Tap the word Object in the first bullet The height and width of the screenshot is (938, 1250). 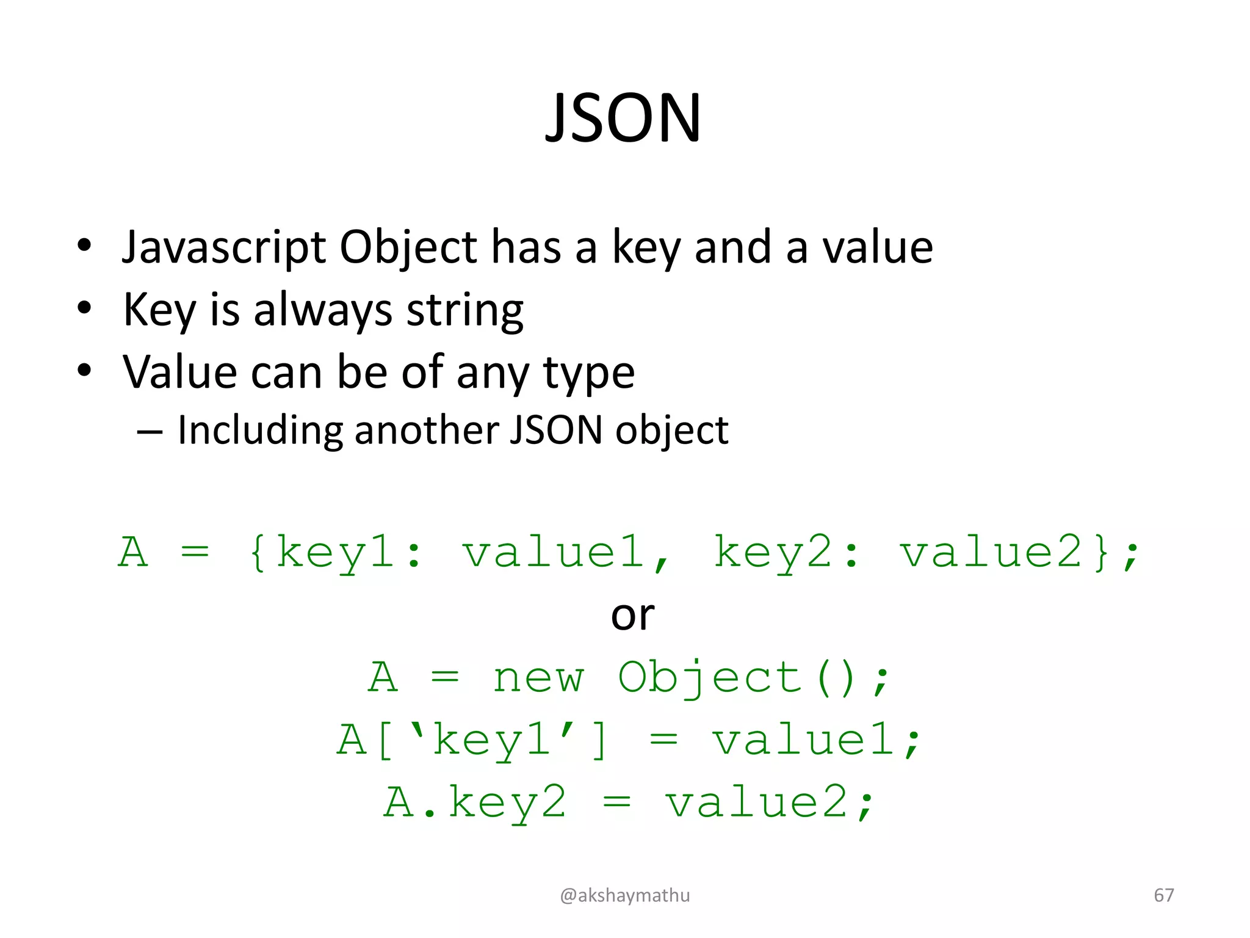(408, 247)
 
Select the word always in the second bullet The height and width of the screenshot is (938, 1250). (322, 310)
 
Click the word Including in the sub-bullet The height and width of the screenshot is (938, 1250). (259, 431)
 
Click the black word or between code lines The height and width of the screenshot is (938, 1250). (632, 616)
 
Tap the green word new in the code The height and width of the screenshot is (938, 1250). (538, 678)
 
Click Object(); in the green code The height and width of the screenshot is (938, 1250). (754, 678)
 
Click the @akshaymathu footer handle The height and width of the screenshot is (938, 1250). (624, 895)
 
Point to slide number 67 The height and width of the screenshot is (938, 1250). (1163, 895)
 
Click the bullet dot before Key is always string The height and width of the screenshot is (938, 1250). (84, 308)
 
